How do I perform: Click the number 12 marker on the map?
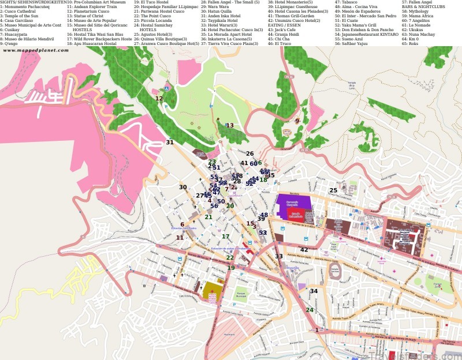click(x=159, y=99)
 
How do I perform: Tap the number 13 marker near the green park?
click(x=230, y=126)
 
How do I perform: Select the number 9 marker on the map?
click(x=297, y=121)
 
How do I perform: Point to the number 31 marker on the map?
click(x=170, y=142)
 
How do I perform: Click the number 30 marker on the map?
click(x=182, y=187)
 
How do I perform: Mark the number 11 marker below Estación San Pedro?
click(x=180, y=238)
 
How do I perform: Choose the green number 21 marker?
click(x=208, y=217)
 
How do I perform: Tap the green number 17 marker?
click(x=226, y=237)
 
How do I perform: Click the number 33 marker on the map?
click(x=279, y=257)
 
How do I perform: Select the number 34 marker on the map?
click(x=314, y=291)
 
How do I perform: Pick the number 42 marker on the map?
click(x=304, y=250)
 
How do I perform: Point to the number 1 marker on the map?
click(x=317, y=330)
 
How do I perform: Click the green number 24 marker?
click(x=310, y=310)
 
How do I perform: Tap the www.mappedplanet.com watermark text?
click(x=36, y=51)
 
